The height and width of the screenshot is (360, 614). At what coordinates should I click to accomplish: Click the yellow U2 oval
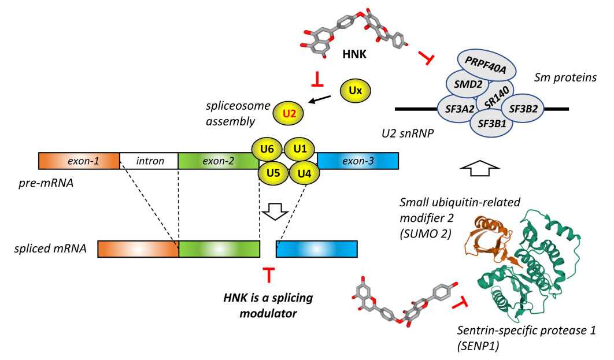(x=290, y=114)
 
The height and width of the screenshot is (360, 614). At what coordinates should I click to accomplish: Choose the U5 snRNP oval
(x=273, y=172)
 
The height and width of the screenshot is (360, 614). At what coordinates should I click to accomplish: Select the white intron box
(x=149, y=161)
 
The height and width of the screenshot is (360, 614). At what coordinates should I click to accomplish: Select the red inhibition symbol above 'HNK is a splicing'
(x=268, y=275)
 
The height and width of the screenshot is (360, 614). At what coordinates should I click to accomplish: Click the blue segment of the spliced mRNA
(x=316, y=249)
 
